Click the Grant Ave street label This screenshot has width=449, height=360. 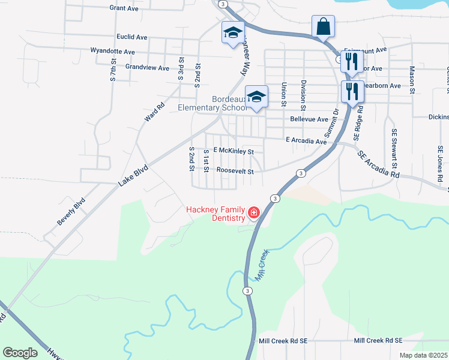click(124, 8)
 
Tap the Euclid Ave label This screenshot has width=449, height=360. click(132, 37)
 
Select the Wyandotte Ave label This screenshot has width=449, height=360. click(112, 52)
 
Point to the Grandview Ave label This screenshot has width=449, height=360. click(147, 68)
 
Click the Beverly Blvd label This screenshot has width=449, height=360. click(71, 211)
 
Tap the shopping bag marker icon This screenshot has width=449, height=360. click(323, 27)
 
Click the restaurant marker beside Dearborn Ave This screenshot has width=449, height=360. click(351, 91)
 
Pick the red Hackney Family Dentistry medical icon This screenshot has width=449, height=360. click(253, 212)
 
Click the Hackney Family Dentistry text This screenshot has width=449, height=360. click(215, 213)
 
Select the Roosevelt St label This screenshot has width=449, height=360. click(235, 171)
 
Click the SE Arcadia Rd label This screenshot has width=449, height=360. click(378, 164)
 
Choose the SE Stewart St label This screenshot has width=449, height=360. click(394, 148)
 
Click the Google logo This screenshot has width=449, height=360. click(20, 353)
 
